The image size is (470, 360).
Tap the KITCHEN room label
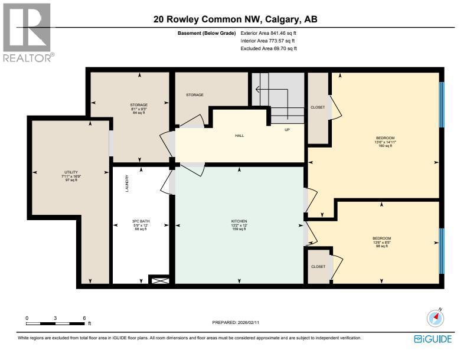coord(239,225)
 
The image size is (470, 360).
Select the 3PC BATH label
coord(139,225)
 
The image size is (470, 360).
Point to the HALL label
coord(239,136)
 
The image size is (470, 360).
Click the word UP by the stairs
coord(287,129)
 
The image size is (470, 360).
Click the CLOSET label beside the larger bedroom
coord(318,107)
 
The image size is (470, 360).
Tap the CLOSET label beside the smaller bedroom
coord(318,267)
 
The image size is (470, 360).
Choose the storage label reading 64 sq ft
coord(139,109)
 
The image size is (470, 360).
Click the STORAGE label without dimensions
coord(195,94)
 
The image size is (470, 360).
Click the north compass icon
coord(435,318)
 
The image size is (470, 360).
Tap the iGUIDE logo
coord(433,339)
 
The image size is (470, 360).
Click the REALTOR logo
coord(27,32)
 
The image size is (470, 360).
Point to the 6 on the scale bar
coord(84,318)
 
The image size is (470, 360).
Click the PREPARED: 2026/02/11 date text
coord(235,323)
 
